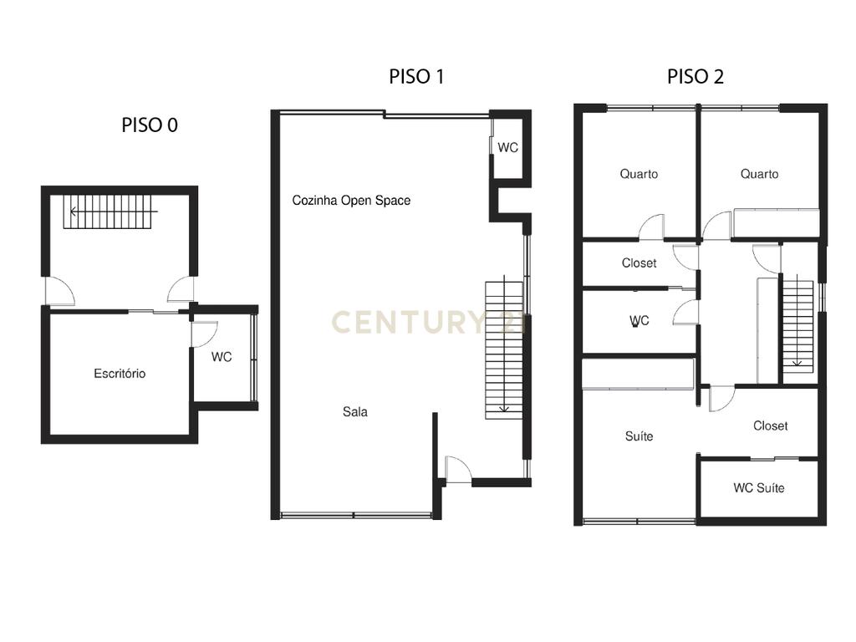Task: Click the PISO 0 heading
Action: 150,125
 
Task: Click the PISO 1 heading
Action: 416,76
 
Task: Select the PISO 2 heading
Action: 695,76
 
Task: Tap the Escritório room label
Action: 120,374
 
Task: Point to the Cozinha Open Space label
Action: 351,201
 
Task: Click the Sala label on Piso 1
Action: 354,411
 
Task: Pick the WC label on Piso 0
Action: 222,357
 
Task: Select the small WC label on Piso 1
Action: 507,147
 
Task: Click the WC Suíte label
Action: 759,487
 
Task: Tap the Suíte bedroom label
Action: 639,436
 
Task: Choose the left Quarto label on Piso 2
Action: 639,174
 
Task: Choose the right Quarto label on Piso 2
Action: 759,174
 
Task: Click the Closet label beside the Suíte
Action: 770,425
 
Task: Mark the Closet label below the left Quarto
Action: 639,263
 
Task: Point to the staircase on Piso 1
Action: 504,350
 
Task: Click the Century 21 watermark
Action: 429,322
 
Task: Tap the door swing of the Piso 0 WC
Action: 205,334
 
